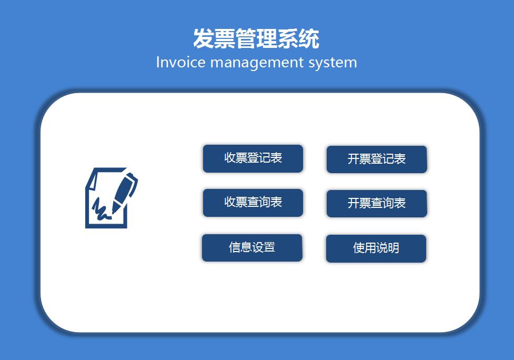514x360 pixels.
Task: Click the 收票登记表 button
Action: tap(253, 158)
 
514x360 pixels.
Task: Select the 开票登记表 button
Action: tap(376, 159)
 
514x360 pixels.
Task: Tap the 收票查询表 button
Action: tap(253, 203)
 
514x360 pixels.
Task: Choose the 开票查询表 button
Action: tap(376, 204)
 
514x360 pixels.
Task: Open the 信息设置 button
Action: tap(252, 248)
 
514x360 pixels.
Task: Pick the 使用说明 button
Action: tap(376, 248)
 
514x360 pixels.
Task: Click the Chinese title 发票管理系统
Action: tap(256, 39)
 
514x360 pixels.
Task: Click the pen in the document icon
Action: tap(124, 190)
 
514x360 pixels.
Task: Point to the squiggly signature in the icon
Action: tap(100, 209)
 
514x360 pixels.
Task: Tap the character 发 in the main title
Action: tap(204, 39)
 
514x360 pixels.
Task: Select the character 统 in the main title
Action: tap(309, 39)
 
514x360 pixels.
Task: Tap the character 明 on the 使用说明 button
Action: tap(393, 248)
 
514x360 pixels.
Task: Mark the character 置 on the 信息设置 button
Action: tap(269, 247)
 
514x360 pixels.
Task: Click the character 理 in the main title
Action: tap(267, 39)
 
